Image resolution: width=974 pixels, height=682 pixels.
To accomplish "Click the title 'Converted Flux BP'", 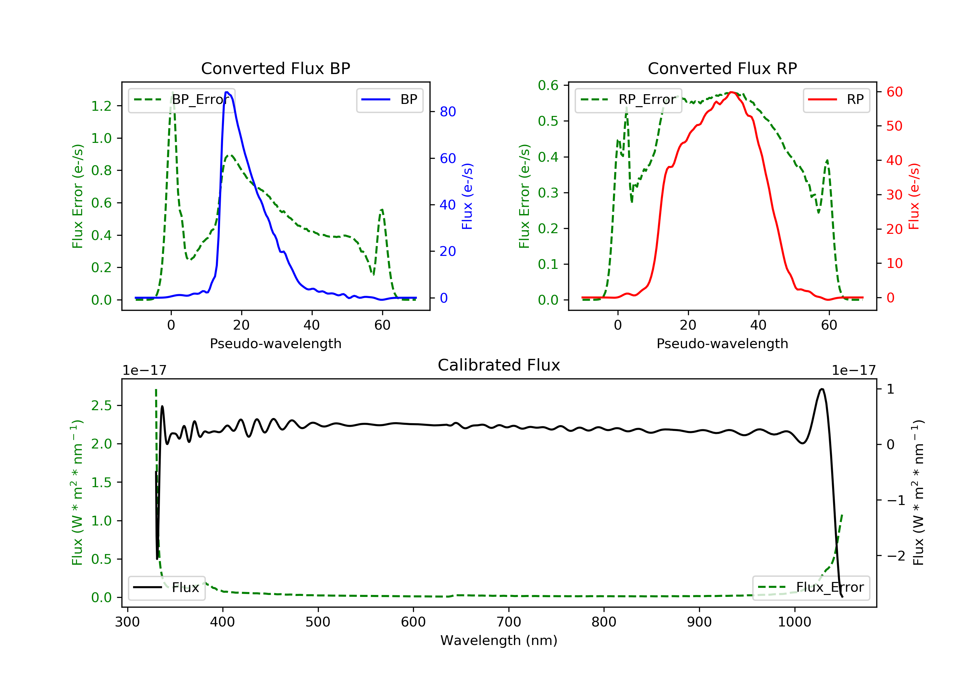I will tap(275, 68).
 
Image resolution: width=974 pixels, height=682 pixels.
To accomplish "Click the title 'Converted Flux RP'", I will tap(722, 68).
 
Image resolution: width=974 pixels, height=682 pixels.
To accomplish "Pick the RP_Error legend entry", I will tap(628, 100).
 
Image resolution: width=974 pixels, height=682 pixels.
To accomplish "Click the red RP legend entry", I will tap(836, 100).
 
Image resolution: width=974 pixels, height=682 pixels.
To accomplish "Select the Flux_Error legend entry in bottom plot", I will tap(811, 587).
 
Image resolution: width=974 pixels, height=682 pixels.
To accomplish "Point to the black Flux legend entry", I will tap(167, 587).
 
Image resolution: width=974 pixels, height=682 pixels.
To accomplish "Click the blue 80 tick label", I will tap(447, 112).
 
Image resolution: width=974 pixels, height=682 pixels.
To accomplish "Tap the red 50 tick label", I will tap(894, 126).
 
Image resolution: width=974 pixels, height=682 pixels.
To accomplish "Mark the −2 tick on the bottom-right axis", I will tap(895, 556).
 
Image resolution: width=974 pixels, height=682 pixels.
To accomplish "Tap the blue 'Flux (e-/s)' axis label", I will tap(467, 196).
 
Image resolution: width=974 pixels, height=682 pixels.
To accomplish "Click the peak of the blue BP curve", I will tap(227, 92).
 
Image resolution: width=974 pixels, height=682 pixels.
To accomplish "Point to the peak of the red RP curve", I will tap(731, 92).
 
